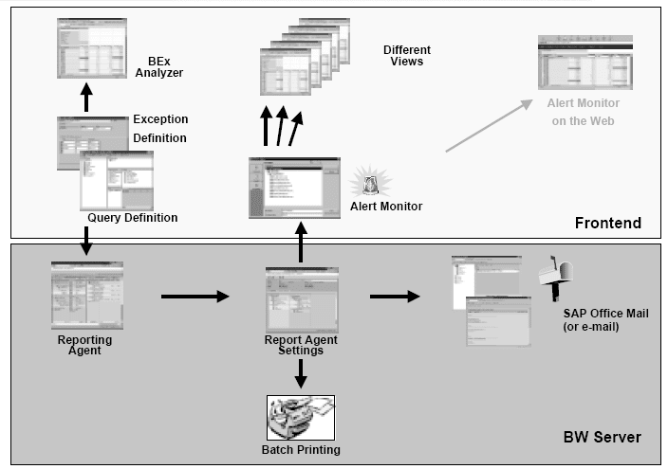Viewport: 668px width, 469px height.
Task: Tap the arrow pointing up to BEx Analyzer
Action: coord(85,98)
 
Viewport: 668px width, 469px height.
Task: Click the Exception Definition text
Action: coord(159,129)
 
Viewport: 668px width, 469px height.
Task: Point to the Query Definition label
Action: coord(132,217)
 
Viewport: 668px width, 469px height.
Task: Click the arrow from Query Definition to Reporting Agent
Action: coord(85,243)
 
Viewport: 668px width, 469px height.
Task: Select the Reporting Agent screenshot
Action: coord(85,296)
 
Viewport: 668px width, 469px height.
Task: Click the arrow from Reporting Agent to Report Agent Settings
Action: coord(194,297)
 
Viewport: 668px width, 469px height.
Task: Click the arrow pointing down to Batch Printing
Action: coord(300,373)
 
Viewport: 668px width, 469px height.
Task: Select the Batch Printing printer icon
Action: coord(300,417)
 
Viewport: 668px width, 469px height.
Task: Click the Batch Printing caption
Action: coord(300,449)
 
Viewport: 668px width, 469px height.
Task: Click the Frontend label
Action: coord(607,223)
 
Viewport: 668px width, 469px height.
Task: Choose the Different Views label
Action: coord(407,55)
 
